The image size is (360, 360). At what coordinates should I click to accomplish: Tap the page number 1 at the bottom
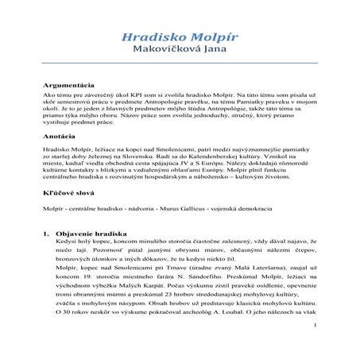[x=315, y=347]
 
